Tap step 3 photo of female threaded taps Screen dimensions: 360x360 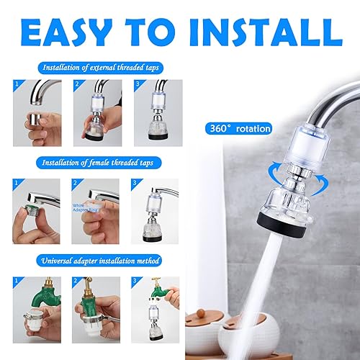158,210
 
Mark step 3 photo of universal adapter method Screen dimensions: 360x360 158,305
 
